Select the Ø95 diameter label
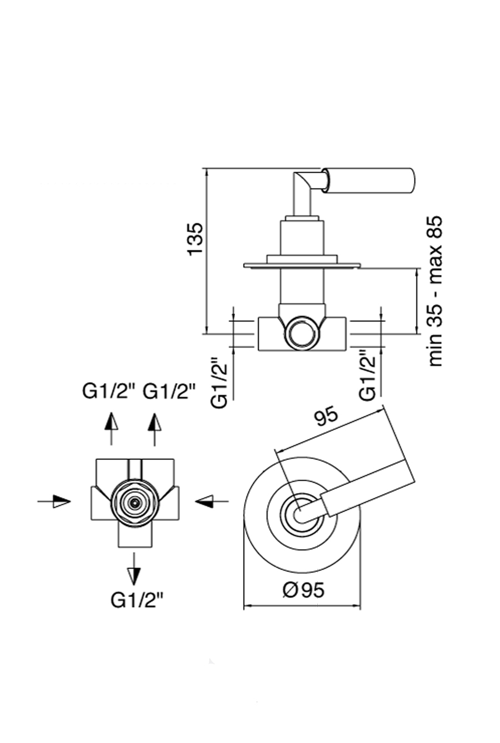[x=303, y=590]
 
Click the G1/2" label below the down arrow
[x=137, y=600]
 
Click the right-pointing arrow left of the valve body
[x=55, y=501]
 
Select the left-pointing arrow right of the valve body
[x=211, y=502]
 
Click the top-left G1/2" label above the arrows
[x=109, y=392]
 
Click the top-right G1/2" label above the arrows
[x=169, y=392]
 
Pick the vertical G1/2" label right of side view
[x=368, y=375]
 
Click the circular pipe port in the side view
[x=302, y=334]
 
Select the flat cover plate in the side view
[x=302, y=265]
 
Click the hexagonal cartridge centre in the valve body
[x=134, y=503]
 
